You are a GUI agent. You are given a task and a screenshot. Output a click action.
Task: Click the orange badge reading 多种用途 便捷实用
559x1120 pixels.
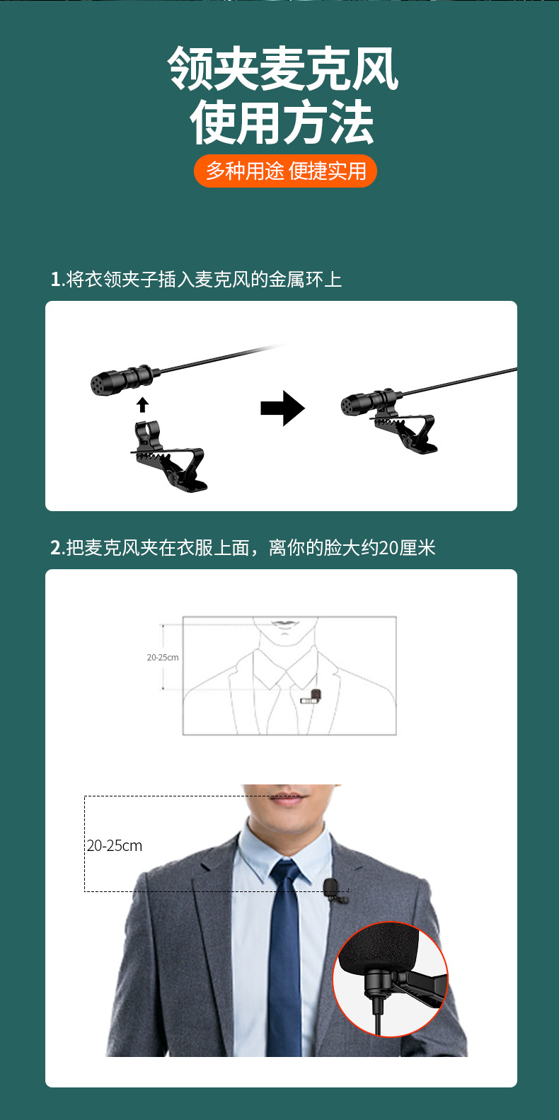point(285,171)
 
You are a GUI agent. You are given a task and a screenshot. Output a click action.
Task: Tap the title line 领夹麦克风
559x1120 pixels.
point(283,69)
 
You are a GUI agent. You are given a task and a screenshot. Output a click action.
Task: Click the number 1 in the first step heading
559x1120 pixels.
point(55,280)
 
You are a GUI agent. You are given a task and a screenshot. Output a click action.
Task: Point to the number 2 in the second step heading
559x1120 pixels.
point(55,548)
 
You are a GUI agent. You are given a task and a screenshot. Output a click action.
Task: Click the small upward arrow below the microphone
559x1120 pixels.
point(143,404)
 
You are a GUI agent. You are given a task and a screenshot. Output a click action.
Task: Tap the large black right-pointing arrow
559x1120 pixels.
point(283,408)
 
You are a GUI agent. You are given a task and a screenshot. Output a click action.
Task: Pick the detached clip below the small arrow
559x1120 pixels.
point(169,456)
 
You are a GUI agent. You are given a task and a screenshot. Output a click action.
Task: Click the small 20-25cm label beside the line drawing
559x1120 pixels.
point(162,658)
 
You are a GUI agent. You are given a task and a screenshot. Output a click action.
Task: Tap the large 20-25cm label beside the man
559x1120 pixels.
point(115,845)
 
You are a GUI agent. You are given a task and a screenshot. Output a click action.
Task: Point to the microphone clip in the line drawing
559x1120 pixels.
point(311,697)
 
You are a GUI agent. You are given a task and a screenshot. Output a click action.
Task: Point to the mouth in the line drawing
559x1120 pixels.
point(284,623)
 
